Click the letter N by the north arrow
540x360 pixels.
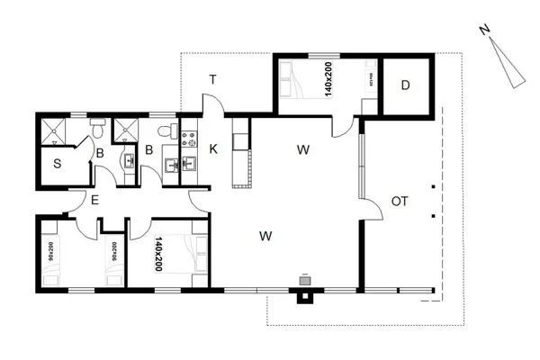pyautogui.click(x=484, y=31)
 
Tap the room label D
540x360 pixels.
pyautogui.click(x=406, y=85)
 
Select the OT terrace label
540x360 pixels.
pyautogui.click(x=400, y=201)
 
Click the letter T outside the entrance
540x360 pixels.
pyautogui.click(x=213, y=80)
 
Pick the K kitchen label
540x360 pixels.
pyautogui.click(x=214, y=148)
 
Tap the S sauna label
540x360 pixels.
pyautogui.click(x=56, y=163)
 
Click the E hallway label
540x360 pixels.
pyautogui.click(x=94, y=200)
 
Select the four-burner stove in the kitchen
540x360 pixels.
pyautogui.click(x=190, y=139)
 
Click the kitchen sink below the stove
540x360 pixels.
pyautogui.click(x=190, y=165)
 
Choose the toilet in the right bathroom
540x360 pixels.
pyautogui.click(x=164, y=130)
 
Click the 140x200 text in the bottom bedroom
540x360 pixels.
pyautogui.click(x=158, y=253)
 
